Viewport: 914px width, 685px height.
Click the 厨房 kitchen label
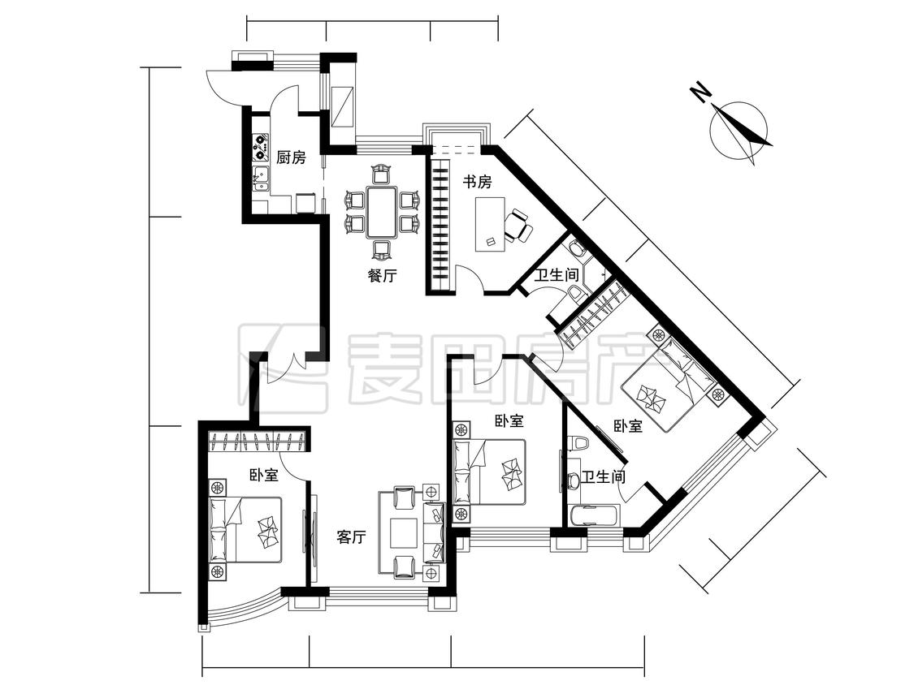pos(291,157)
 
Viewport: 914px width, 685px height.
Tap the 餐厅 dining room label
pos(382,275)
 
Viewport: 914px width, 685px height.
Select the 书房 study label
pos(478,183)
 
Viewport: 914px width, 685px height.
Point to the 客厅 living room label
pos(352,537)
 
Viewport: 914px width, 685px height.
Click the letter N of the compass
pos(700,92)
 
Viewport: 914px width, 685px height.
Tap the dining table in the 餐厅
pos(381,212)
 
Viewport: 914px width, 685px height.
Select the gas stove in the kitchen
pos(261,148)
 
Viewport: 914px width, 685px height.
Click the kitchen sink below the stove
pos(261,179)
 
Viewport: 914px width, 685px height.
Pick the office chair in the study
pos(518,226)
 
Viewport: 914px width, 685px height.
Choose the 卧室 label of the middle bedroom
pos(509,421)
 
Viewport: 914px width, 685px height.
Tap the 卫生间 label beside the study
pos(557,274)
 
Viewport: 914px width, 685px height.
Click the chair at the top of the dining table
pos(381,174)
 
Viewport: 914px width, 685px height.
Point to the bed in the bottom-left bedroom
pos(245,529)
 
